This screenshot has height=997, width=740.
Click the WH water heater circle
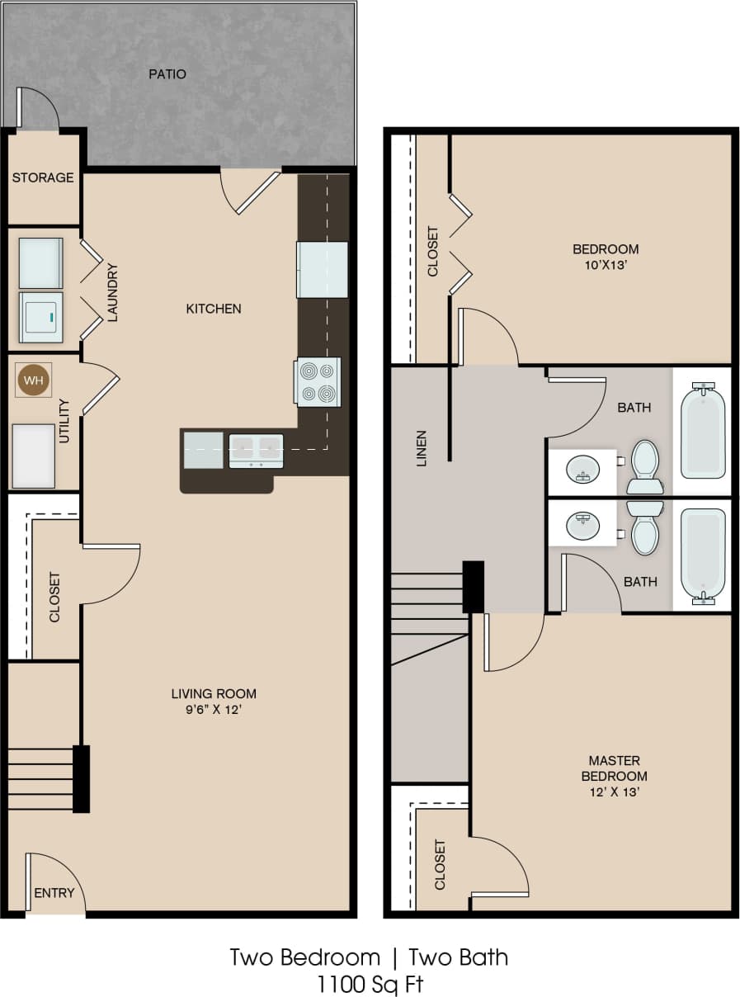click(33, 380)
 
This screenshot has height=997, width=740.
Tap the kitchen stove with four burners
click(318, 382)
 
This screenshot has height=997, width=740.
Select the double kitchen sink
click(256, 451)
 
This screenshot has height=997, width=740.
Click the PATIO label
click(167, 74)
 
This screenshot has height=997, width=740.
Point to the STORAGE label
click(43, 177)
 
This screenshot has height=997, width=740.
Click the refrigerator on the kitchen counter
click(322, 269)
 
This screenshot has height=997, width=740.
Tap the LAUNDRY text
click(114, 292)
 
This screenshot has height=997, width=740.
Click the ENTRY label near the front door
click(54, 893)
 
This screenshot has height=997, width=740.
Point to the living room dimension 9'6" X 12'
click(214, 709)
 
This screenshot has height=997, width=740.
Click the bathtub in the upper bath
click(703, 430)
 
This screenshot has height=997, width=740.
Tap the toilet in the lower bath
click(645, 529)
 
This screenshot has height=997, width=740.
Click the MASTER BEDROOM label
click(614, 768)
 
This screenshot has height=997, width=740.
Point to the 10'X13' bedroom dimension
click(606, 264)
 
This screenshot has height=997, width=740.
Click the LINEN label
click(422, 448)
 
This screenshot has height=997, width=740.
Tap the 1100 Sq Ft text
click(370, 983)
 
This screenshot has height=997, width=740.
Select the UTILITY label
click(64, 420)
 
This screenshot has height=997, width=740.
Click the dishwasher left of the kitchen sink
click(203, 450)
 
